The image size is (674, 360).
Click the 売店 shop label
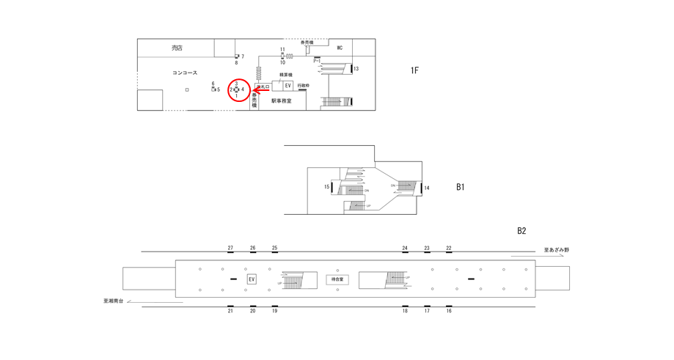(177, 48)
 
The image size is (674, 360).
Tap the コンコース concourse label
(185, 73)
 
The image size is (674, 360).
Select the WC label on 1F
(340, 48)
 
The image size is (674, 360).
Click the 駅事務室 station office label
(281, 100)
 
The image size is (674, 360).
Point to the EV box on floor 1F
(287, 86)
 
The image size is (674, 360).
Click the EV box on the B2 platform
(252, 279)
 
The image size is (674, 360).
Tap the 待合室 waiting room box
(337, 279)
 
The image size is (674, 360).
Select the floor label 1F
(414, 70)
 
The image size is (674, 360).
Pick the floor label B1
(460, 187)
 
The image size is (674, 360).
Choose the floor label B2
(521, 231)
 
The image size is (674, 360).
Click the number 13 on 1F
(356, 69)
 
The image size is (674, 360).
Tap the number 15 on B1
(327, 187)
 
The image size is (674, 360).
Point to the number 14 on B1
(427, 188)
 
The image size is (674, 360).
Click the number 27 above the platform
(230, 248)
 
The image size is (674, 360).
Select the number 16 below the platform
(449, 311)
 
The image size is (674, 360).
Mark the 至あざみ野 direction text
(556, 250)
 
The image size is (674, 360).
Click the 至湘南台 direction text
(114, 301)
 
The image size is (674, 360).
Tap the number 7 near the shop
(242, 56)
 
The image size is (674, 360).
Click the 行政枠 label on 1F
(303, 86)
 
